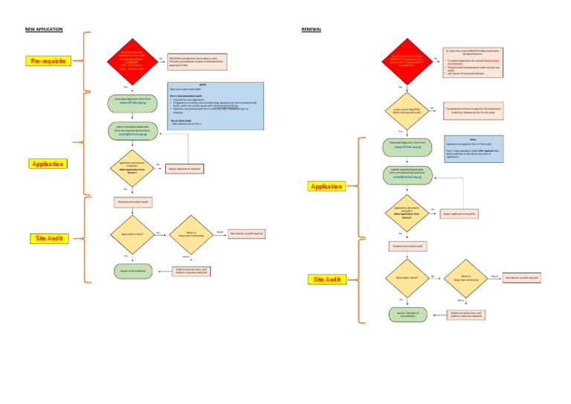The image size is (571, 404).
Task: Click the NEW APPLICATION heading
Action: [44, 29]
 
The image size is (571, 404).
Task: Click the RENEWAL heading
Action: [312, 29]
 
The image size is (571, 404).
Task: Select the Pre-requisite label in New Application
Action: [47, 60]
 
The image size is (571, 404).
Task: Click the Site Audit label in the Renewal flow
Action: [326, 279]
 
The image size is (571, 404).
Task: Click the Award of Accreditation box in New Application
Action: [132, 271]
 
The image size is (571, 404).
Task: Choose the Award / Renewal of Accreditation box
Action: [407, 314]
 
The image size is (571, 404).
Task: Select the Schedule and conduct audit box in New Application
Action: [132, 202]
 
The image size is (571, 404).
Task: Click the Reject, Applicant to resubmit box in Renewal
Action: [459, 214]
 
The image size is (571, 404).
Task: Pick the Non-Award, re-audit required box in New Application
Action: [246, 234]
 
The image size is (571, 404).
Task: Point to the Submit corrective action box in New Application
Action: [190, 271]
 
